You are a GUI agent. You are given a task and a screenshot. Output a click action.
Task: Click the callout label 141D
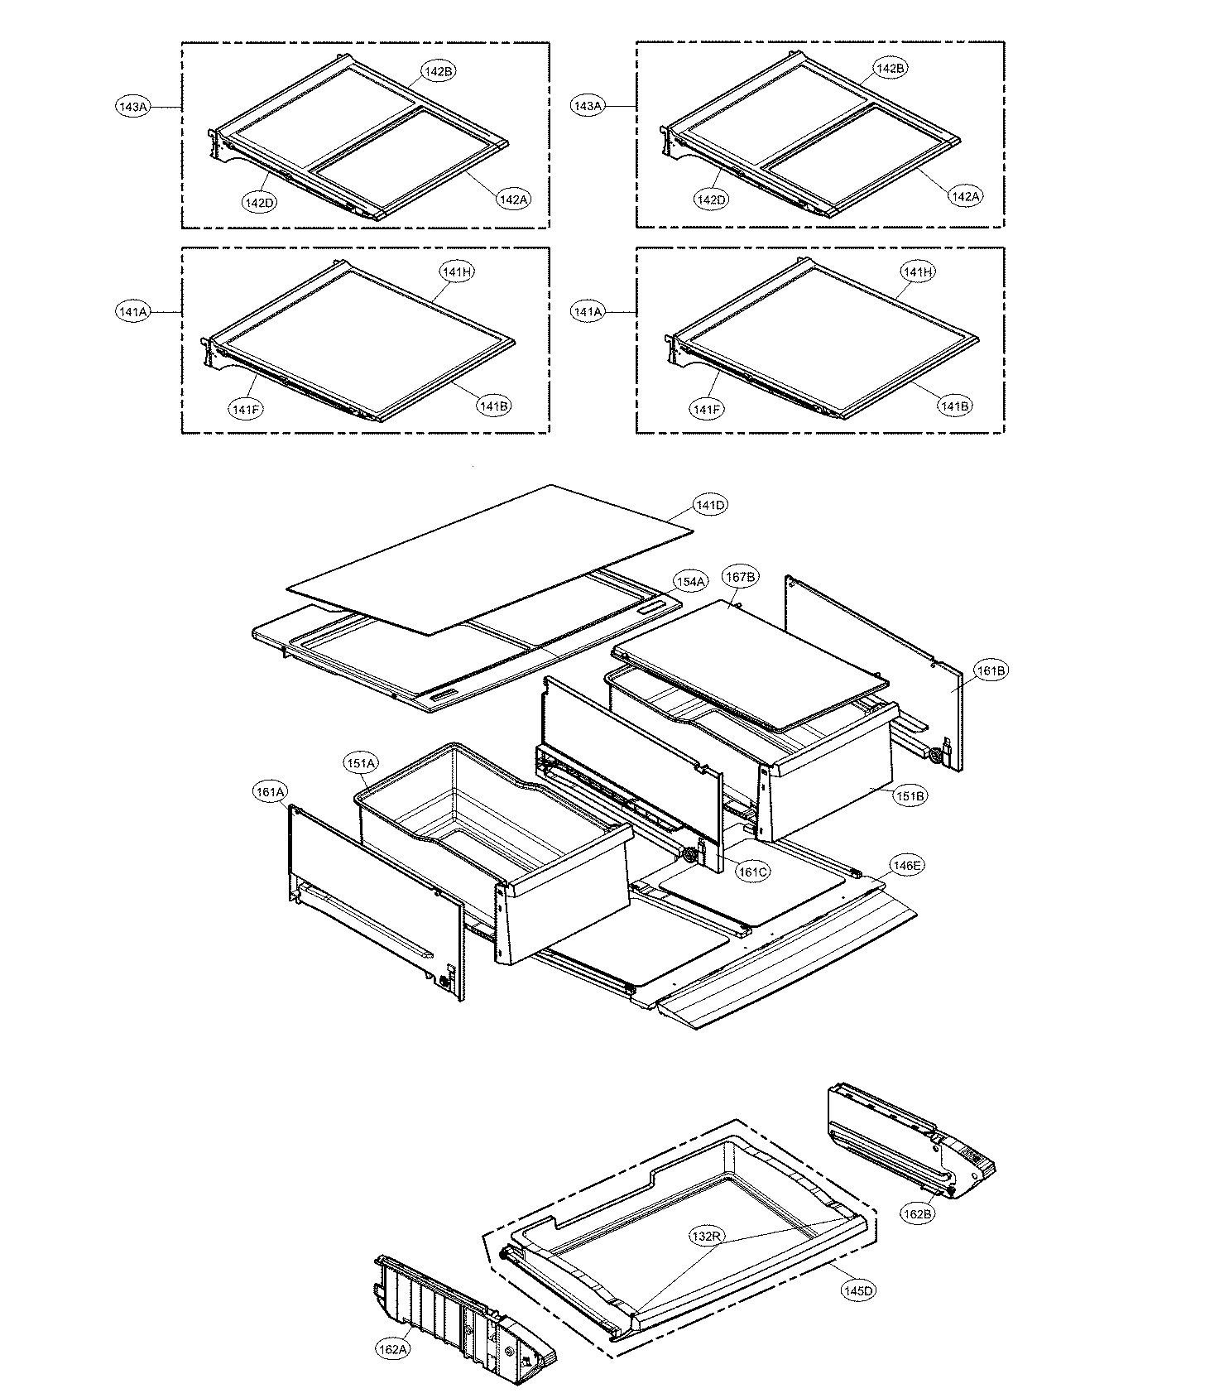pyautogui.click(x=710, y=505)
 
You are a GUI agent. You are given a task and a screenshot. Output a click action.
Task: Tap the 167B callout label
pyautogui.click(x=740, y=577)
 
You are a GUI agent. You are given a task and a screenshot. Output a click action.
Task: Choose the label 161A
pyautogui.click(x=271, y=792)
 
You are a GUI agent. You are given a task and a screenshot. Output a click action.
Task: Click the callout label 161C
pyautogui.click(x=752, y=871)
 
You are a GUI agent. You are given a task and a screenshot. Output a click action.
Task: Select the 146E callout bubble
pyautogui.click(x=905, y=866)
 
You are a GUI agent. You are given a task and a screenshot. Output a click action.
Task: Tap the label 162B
pyautogui.click(x=917, y=1213)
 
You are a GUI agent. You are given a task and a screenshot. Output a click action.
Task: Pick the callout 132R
pyautogui.click(x=708, y=1236)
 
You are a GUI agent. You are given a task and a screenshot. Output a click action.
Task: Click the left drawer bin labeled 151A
pyautogui.click(x=497, y=844)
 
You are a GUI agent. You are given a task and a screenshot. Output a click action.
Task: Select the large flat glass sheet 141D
pyautogui.click(x=488, y=563)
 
